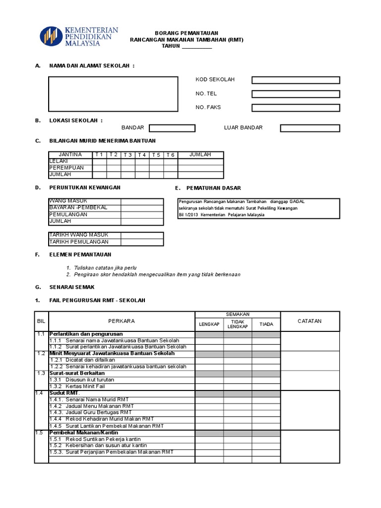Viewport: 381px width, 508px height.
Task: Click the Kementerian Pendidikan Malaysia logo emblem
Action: (51, 37)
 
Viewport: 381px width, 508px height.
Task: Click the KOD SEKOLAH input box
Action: (296, 80)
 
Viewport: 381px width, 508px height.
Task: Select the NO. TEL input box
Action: (296, 94)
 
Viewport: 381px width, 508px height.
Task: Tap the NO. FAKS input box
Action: (296, 108)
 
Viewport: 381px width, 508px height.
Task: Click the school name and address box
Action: (113, 94)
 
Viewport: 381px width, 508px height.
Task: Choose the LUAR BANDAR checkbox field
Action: (310, 128)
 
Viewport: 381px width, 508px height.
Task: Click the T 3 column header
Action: (128, 155)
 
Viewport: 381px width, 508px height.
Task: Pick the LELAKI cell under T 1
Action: (99, 161)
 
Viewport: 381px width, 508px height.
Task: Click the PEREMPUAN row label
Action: (66, 168)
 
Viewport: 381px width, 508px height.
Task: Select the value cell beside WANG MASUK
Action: (142, 201)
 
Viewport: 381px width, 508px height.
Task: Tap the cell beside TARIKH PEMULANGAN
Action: (142, 242)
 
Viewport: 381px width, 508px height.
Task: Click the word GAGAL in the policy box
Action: (297, 201)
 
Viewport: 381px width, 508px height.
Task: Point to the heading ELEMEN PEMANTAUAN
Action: (80, 254)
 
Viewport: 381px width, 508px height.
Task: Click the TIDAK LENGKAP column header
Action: (237, 324)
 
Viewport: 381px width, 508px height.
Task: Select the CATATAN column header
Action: (310, 321)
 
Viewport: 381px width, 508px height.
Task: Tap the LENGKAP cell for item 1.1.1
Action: (209, 341)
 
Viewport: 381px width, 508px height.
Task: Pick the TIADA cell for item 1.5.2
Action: (266, 445)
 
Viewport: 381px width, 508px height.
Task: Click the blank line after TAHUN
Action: (197, 46)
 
